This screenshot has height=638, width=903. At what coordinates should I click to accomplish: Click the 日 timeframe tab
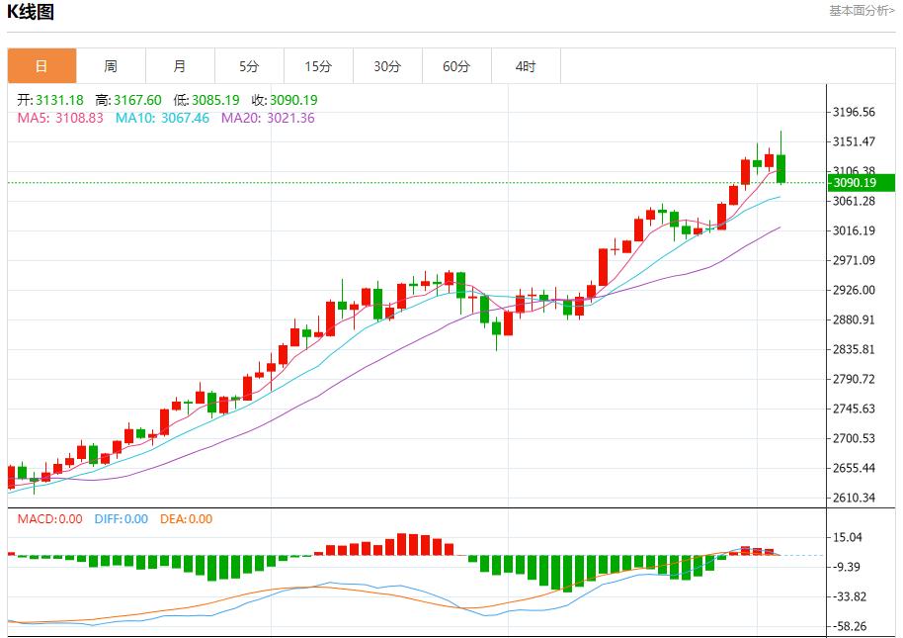pyautogui.click(x=41, y=66)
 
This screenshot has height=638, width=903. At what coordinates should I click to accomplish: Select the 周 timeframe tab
pyautogui.click(x=111, y=66)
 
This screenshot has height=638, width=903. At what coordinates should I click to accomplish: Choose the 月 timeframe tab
pyautogui.click(x=180, y=66)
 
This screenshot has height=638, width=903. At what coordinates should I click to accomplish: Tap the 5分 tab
pyautogui.click(x=249, y=66)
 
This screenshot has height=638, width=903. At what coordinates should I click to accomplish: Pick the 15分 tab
pyautogui.click(x=318, y=66)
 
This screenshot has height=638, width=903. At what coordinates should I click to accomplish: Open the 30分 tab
pyautogui.click(x=387, y=66)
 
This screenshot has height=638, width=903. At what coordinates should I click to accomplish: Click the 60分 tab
pyautogui.click(x=456, y=66)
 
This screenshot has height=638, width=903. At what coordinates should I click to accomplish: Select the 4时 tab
pyautogui.click(x=526, y=66)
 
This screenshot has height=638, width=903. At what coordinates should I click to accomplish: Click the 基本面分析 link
pyautogui.click(x=862, y=10)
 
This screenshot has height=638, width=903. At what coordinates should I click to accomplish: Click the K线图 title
pyautogui.click(x=31, y=12)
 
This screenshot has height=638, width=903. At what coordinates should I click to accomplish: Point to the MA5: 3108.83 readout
pyautogui.click(x=60, y=118)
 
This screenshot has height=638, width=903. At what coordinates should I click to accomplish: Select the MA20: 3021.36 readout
pyautogui.click(x=268, y=118)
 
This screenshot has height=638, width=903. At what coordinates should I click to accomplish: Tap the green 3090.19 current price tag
pyautogui.click(x=861, y=182)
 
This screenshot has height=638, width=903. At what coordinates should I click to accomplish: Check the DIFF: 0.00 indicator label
pyautogui.click(x=121, y=518)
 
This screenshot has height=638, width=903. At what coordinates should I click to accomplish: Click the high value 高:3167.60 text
pyautogui.click(x=128, y=100)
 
